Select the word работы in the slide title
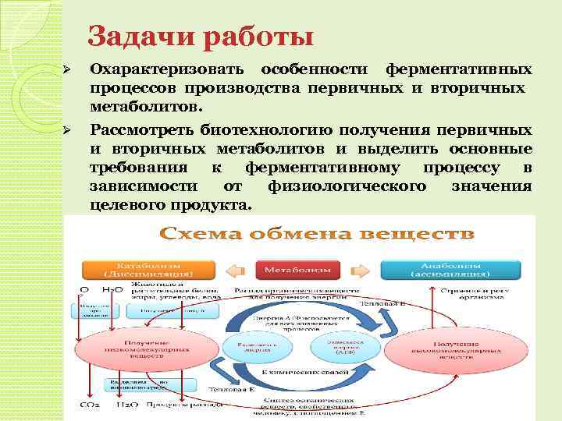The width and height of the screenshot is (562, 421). (x=260, y=37)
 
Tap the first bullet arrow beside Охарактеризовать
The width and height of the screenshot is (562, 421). (x=68, y=71)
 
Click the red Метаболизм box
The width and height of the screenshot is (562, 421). (x=297, y=269)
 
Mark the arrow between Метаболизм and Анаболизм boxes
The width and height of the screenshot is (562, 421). (x=360, y=269)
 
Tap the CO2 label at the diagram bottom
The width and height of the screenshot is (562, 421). (x=89, y=405)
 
